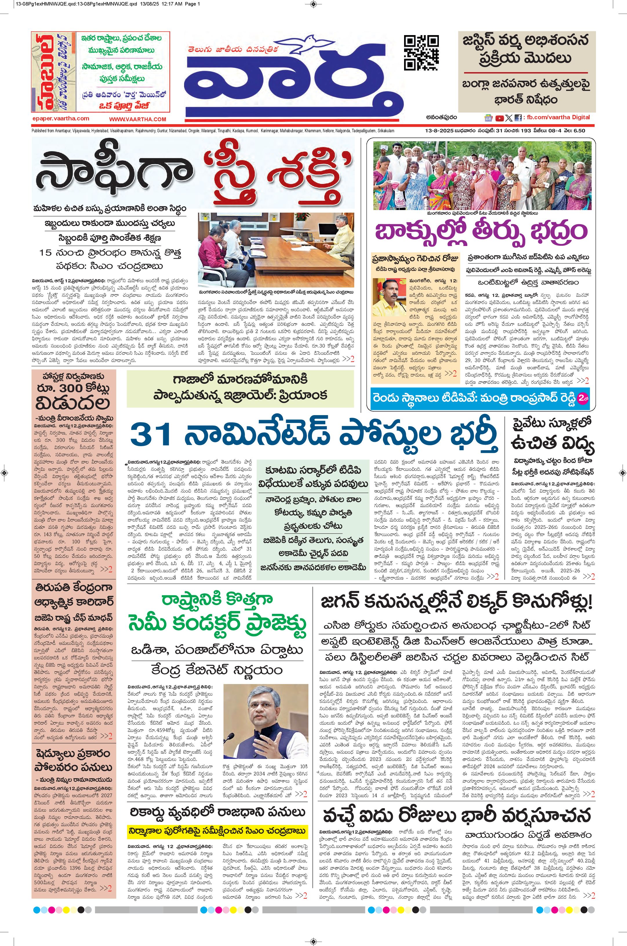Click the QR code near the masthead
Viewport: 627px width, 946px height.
click(x=421, y=53)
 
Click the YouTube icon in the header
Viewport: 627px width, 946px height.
click(x=499, y=118)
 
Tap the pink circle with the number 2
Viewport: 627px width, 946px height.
click(x=584, y=399)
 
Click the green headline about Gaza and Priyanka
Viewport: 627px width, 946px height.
click(x=240, y=387)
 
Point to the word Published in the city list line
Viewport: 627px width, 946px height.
click(x=39, y=131)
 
